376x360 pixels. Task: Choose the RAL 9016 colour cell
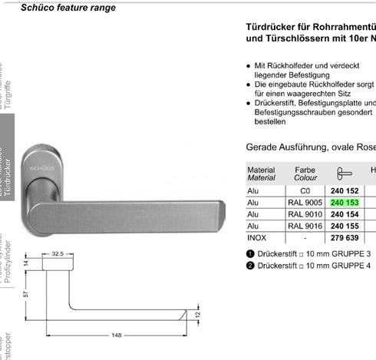click(305, 227)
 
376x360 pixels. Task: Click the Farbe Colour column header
click(305, 173)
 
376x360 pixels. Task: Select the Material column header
click(261, 173)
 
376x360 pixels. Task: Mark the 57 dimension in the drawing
click(25, 293)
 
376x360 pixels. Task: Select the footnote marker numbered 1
click(250, 253)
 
